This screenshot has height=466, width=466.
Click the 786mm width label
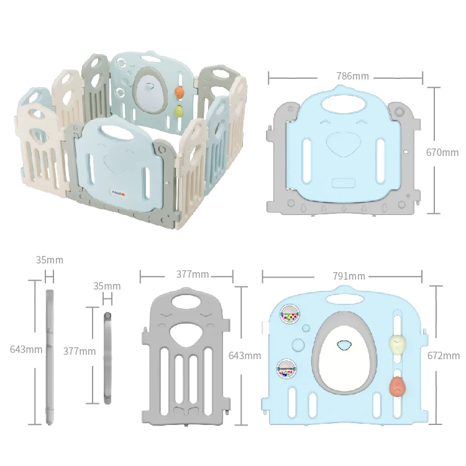tap(352, 76)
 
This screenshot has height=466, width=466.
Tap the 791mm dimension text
tap(348, 276)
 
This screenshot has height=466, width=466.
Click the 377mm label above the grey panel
tap(192, 275)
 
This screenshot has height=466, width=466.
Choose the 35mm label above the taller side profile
tap(50, 260)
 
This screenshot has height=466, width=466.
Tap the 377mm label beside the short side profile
tap(80, 351)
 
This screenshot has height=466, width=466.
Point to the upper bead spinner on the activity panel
tap(288, 315)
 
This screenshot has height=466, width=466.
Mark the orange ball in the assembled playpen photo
tap(180, 93)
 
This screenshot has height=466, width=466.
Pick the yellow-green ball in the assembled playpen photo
tap(179, 112)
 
